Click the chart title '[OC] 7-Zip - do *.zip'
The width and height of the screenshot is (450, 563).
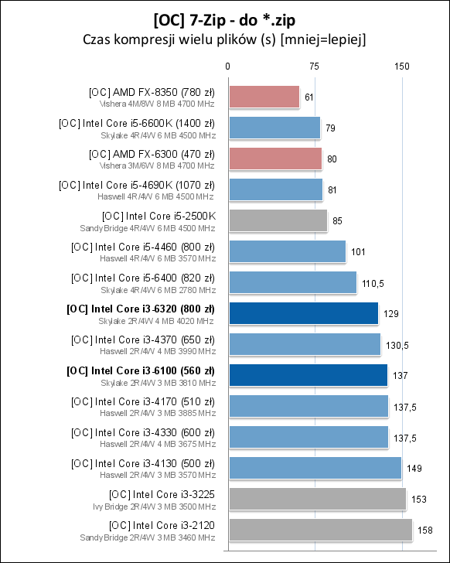click(224, 18)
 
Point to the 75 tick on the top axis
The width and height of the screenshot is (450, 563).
click(315, 67)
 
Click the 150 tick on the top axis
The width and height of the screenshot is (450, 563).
click(401, 67)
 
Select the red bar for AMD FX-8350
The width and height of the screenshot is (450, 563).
click(263, 97)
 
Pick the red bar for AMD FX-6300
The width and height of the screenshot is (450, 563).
click(274, 159)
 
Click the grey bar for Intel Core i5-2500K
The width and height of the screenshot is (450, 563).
click(277, 220)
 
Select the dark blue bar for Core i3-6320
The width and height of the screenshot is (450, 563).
click(302, 313)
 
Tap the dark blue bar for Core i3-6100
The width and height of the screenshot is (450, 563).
click(307, 375)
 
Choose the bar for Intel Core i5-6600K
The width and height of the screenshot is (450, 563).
click(274, 128)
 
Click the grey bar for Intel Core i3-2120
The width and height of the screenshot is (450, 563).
click(319, 530)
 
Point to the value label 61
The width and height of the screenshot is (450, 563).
click(309, 97)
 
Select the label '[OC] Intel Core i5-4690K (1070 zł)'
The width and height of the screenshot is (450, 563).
click(137, 185)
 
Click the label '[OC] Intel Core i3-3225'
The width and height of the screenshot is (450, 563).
click(162, 494)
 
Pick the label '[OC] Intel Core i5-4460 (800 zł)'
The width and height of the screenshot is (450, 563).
click(142, 247)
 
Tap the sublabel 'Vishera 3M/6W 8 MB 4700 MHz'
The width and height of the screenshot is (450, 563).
click(157, 165)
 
